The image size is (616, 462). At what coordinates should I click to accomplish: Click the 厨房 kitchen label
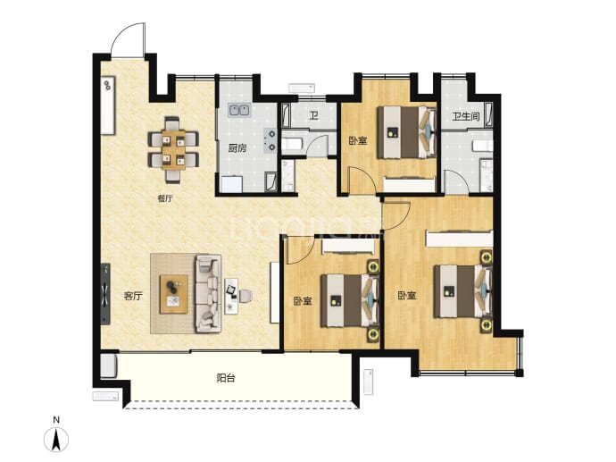pos(237,148)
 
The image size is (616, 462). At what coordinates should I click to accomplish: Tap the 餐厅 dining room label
pos(165,198)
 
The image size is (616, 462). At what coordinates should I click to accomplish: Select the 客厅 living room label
pos(133,296)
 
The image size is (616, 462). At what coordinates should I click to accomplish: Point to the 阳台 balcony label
pos(226,378)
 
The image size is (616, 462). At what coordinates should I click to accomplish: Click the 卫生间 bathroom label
pos(466,116)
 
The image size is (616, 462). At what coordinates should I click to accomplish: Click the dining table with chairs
pos(173,150)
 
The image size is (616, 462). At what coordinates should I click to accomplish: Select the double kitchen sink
pos(239,110)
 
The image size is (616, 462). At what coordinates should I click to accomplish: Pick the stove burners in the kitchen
pos(271,141)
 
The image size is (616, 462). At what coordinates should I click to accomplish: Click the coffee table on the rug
pos(174,294)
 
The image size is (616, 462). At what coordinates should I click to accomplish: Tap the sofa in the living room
pos(208,293)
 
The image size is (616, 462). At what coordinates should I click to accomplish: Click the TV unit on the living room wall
pos(105,294)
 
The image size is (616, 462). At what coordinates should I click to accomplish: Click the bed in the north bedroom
pos(406,132)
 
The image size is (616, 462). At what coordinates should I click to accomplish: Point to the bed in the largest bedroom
pos(462,291)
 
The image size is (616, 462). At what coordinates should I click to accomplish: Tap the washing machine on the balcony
pos(108,365)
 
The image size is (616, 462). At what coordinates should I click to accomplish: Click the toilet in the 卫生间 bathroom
pos(482,146)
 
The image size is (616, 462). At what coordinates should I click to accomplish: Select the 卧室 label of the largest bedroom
pos(407,295)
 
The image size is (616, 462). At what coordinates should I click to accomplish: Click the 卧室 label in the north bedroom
pos(358,140)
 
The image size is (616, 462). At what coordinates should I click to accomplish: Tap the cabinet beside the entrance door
pos(108,105)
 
